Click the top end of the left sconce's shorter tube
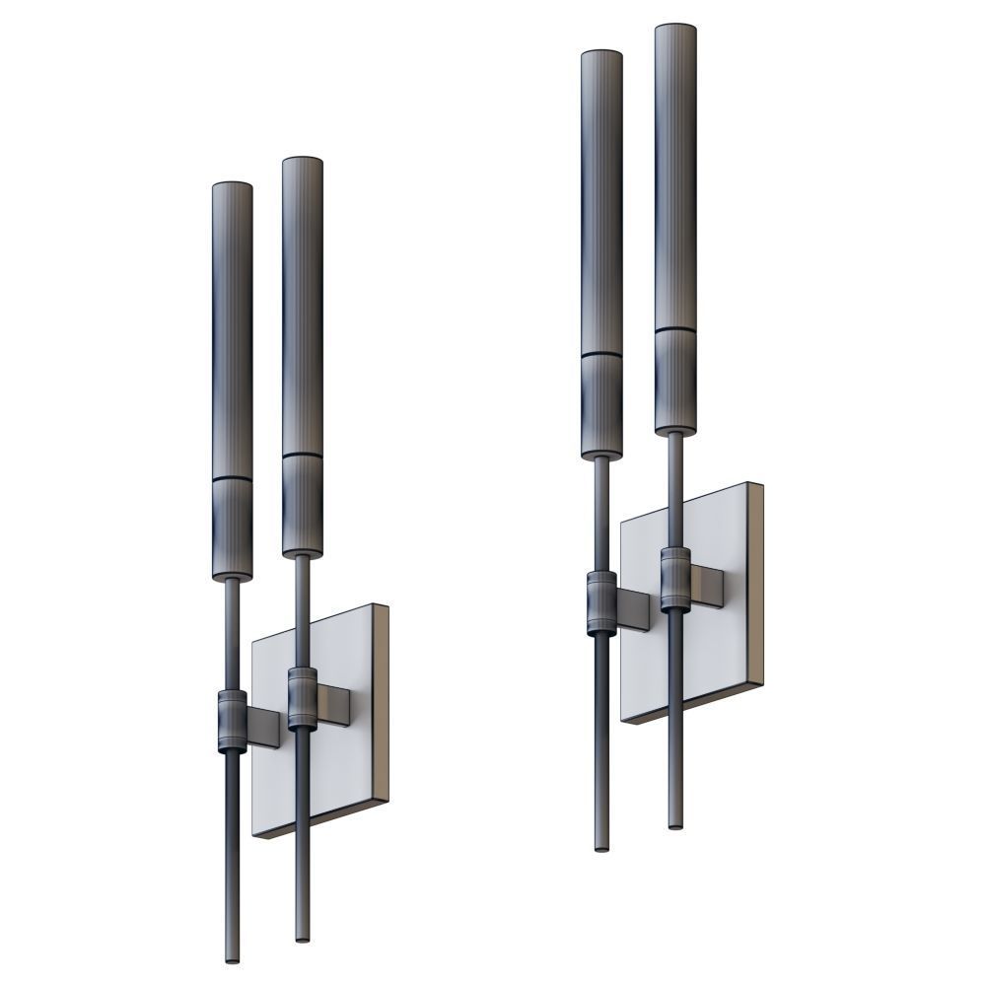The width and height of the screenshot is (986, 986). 232,186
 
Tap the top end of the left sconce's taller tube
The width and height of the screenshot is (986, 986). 303,161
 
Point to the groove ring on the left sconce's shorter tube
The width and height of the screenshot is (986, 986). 232,479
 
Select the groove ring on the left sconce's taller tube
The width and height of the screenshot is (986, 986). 303,455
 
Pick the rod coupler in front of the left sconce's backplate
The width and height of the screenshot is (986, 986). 302,700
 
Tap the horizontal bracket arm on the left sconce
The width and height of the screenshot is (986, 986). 335,706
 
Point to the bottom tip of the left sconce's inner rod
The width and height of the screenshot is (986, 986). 302,937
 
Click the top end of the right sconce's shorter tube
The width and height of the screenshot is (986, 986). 601,53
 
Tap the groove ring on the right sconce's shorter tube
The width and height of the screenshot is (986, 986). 601,353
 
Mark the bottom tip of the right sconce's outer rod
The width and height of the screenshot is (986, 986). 601,846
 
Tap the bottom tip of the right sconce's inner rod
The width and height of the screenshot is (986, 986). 674,822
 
